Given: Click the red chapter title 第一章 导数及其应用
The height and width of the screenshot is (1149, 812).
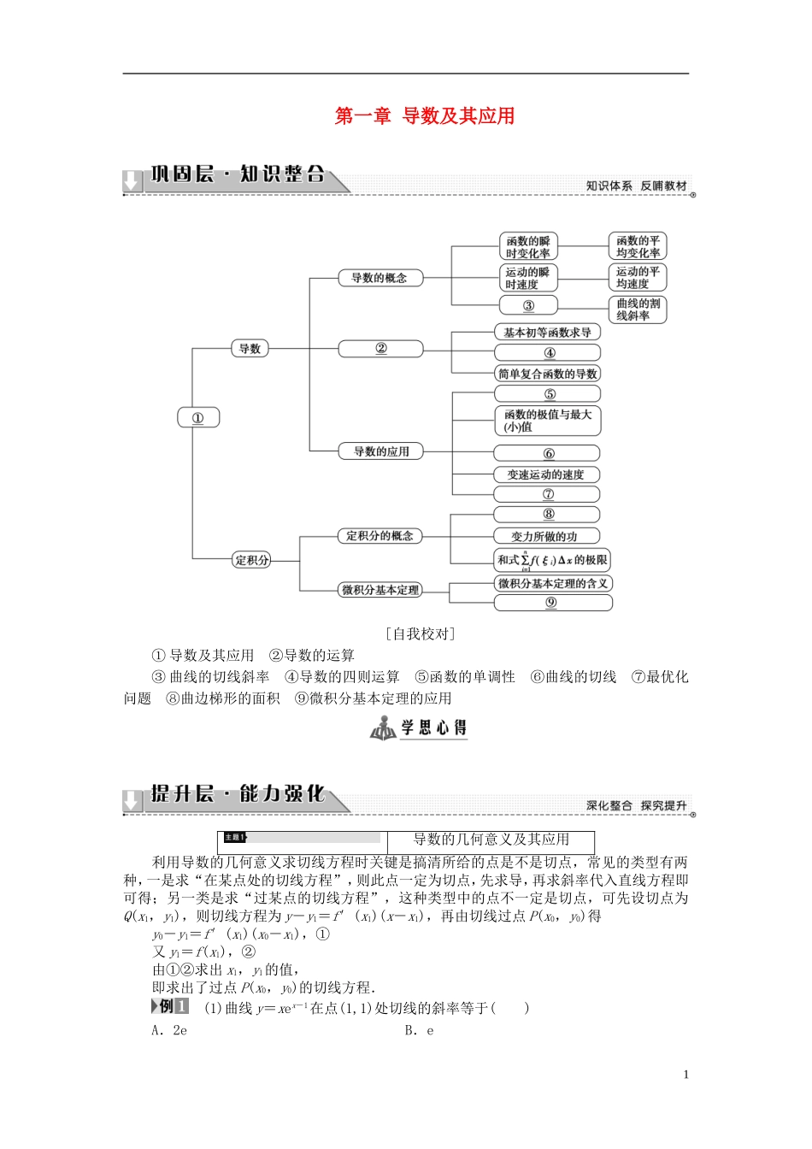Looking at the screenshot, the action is [425, 116].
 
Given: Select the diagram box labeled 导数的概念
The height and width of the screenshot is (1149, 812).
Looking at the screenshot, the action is [380, 278].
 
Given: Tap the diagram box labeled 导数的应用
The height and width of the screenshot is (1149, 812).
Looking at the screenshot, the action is [381, 451].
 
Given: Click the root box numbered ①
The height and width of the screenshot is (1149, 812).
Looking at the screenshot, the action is [197, 418].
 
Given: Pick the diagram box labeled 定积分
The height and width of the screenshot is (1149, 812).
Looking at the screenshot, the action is [251, 560].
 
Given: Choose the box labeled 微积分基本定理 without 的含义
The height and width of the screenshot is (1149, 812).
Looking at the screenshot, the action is [380, 590].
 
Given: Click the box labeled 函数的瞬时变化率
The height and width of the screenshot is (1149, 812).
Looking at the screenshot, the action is [528, 247].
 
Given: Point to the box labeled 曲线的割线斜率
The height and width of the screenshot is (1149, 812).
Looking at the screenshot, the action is [638, 309].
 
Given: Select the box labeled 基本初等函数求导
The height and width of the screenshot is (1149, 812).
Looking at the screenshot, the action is [547, 333].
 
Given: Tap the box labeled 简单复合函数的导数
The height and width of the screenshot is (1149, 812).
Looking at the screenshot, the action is [548, 374].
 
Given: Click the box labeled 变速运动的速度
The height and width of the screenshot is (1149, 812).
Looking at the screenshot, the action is [546, 474].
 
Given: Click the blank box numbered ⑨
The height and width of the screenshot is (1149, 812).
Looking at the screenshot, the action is [552, 603].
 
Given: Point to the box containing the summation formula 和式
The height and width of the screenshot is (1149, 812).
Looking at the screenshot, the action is [552, 560].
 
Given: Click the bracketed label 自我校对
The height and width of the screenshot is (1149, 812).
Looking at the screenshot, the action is [420, 633].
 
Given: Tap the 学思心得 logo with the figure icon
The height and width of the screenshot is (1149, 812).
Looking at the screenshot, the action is [419, 728].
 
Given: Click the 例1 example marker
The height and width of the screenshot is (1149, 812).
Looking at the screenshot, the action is [172, 1006].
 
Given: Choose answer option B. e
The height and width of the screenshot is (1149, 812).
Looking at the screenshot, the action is [419, 1030].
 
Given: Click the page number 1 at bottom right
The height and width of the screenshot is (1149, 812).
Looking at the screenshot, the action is [686, 1075].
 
